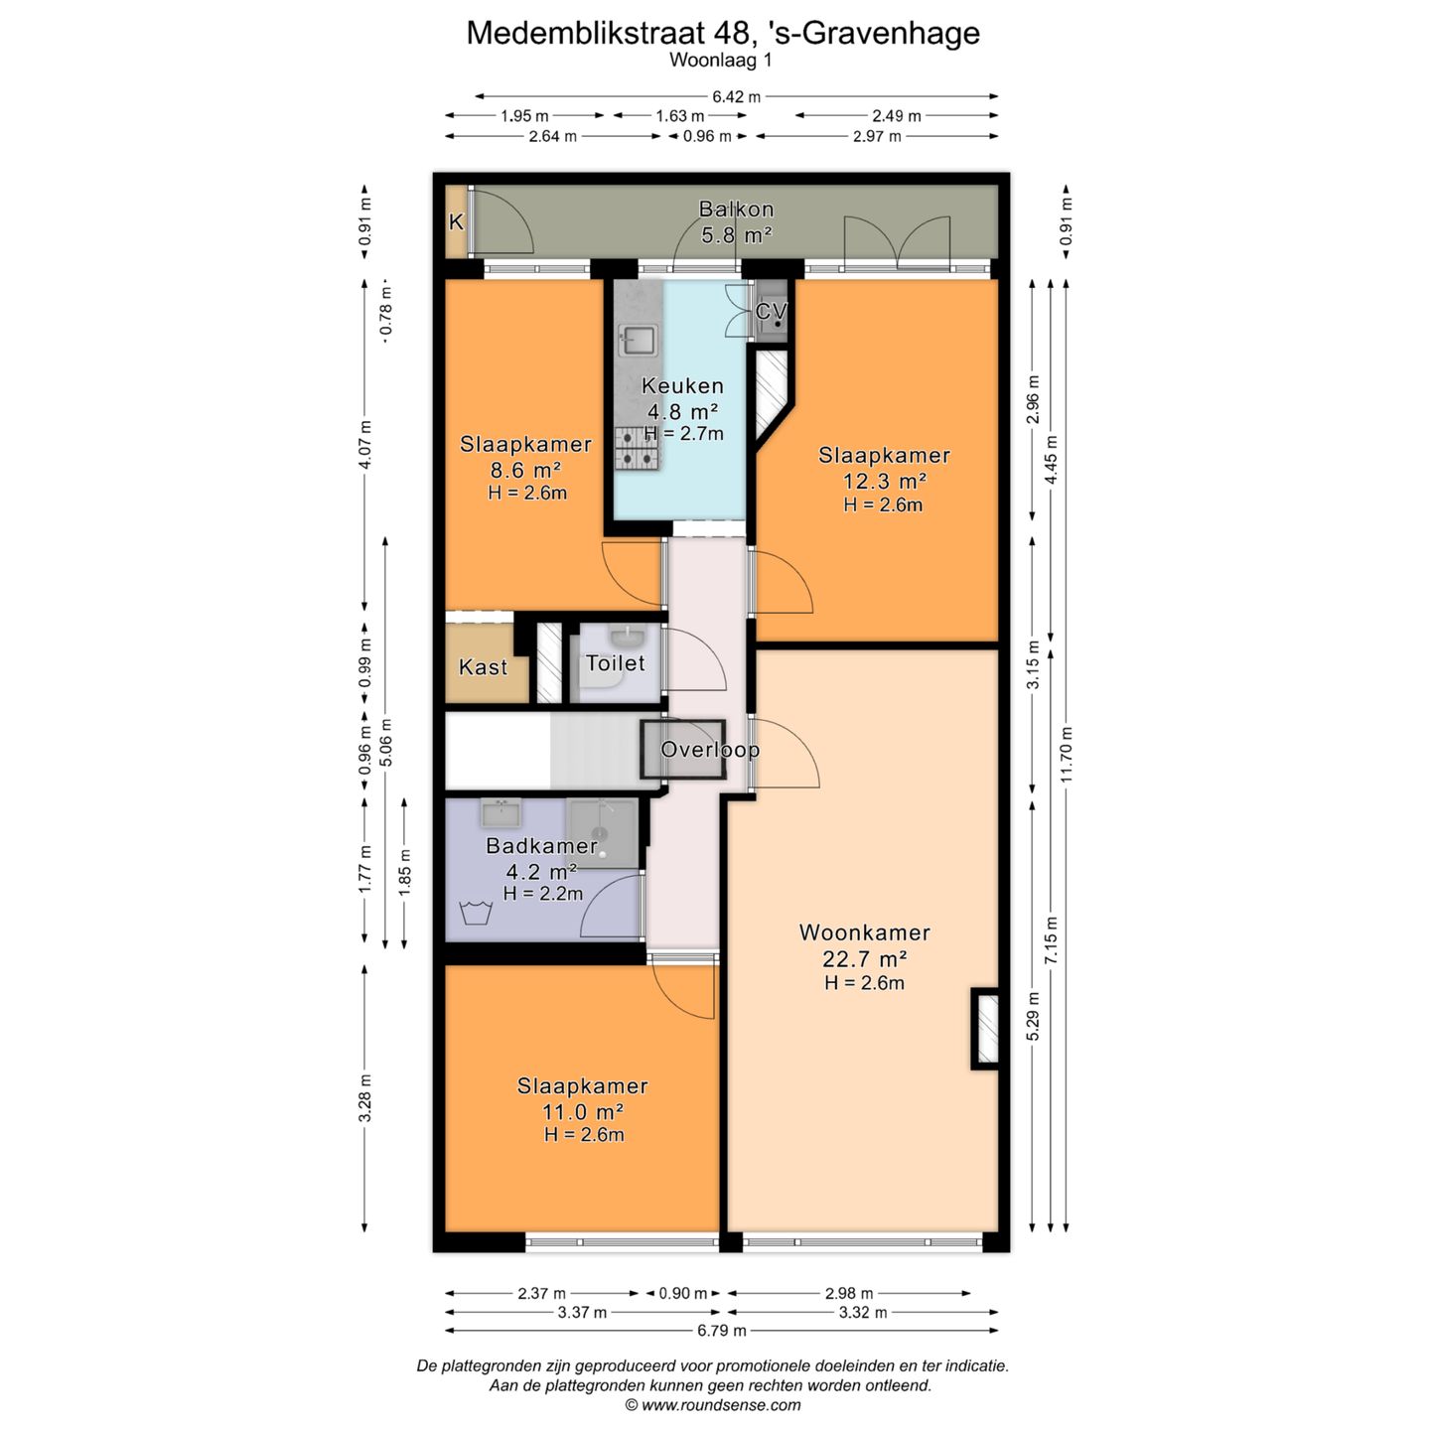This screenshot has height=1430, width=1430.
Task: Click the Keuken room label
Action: [682, 386]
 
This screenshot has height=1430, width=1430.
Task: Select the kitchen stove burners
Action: [637, 449]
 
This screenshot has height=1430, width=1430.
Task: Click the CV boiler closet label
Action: [771, 312]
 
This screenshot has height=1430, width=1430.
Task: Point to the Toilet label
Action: [615, 662]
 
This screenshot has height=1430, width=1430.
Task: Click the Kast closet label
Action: [483, 667]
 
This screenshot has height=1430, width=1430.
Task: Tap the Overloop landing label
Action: [710, 750]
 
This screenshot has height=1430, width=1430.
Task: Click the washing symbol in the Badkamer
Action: [476, 912]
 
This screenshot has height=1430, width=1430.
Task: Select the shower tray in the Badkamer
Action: [602, 832]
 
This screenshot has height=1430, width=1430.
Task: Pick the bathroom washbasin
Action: [500, 813]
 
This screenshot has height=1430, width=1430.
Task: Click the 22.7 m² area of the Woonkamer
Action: [865, 958]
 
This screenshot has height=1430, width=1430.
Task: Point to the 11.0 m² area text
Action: [583, 1111]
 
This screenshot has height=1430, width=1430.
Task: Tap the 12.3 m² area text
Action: [884, 481]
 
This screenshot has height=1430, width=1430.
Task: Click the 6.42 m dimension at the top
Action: [736, 96]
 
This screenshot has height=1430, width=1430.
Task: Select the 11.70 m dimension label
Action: [1067, 754]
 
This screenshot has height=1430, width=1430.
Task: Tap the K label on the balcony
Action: [457, 221]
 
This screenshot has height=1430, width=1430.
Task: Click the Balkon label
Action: [736, 210]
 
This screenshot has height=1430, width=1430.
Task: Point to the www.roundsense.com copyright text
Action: [713, 1405]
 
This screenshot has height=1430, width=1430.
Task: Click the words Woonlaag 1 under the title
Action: [721, 61]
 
